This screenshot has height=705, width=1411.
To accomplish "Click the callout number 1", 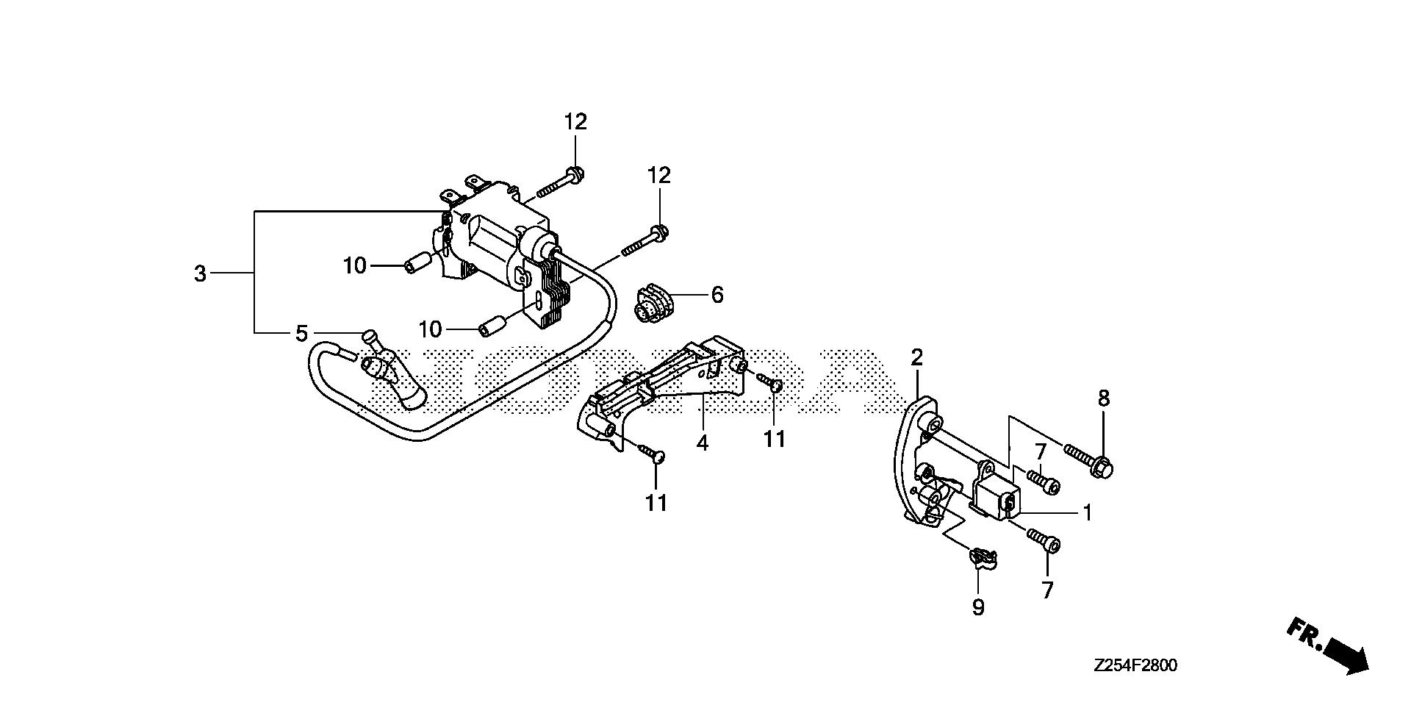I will point(1087,513).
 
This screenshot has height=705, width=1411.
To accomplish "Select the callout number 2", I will point(916,358).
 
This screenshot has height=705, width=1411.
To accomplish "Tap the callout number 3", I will point(200,274).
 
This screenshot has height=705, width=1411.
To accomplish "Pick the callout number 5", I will point(301,334).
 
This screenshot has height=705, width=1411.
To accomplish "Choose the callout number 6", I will point(717,296).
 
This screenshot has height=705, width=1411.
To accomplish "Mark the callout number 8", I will point(1103,399).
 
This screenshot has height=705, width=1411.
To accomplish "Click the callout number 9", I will point(978,607).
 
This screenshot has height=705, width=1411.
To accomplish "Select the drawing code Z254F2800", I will point(1135,666).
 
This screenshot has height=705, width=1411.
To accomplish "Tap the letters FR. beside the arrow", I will point(1303,634).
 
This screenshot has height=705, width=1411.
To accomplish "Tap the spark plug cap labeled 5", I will point(389,371).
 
